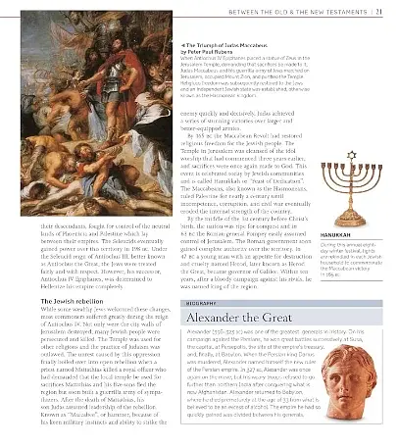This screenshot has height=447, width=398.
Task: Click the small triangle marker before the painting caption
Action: pos(173,44)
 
